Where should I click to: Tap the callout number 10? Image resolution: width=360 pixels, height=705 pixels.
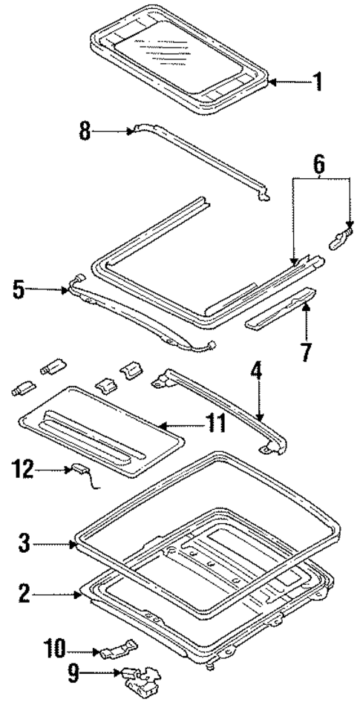[74, 652]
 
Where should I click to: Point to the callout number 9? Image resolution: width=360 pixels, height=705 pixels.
[74, 675]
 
